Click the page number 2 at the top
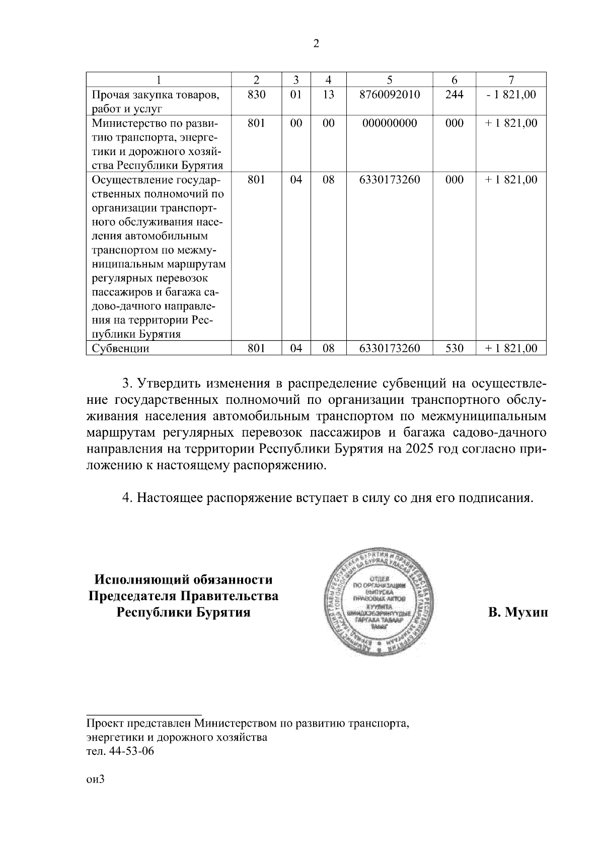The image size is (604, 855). tap(316, 44)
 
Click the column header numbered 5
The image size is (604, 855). tap(390, 80)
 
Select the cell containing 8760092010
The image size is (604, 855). tap(390, 94)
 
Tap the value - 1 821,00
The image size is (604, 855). tap(511, 94)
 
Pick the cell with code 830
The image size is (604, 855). tap(256, 94)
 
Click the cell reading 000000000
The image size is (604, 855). tap(390, 123)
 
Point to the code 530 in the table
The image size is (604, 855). tap(454, 348)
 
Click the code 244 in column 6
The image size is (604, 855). tap(454, 94)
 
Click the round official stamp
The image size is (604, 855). tap(380, 599)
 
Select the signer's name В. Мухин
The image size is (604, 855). tap(518, 613)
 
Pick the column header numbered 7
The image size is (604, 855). tap(511, 80)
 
